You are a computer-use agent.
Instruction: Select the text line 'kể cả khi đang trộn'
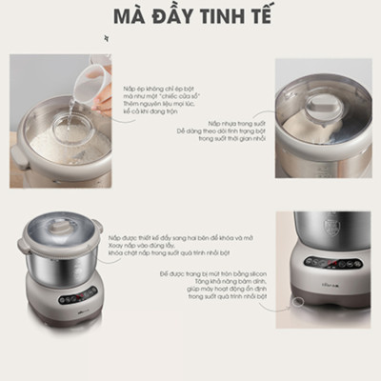(x=147, y=112)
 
